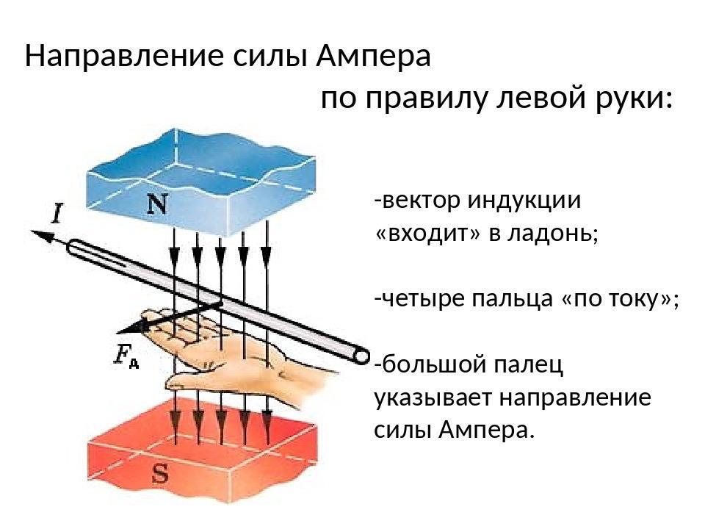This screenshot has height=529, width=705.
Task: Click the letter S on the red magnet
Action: click(161, 472)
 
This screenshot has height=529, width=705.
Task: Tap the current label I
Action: click(57, 213)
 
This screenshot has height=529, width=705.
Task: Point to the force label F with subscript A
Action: click(126, 357)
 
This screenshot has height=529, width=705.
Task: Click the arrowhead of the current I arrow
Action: click(40, 236)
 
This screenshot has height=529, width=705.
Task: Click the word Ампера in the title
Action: click(373, 57)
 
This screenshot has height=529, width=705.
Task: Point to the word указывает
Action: click(432, 398)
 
